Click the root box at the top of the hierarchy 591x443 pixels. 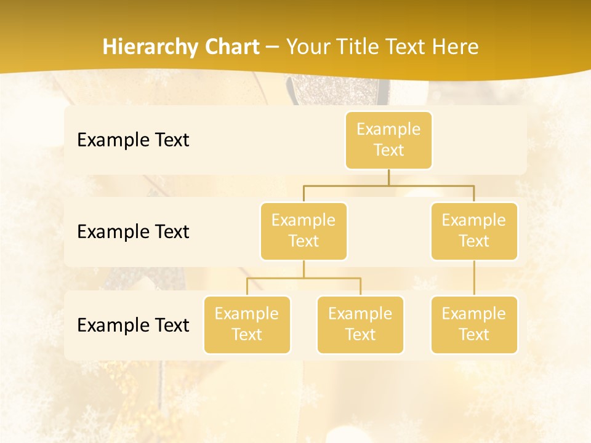coord(388,140)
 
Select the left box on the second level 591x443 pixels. coord(304,231)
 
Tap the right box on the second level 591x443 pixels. coord(474,231)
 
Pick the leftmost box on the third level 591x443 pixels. coord(247,325)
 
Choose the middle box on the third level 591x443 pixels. coord(360,325)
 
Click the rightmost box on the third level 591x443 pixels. coord(474,325)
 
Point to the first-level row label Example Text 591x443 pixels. coord(133,140)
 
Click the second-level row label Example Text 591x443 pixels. coord(133,232)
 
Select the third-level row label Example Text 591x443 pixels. coord(133,325)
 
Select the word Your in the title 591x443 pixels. coord(307,47)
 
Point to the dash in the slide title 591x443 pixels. coord(272,47)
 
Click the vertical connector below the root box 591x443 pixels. coord(388,177)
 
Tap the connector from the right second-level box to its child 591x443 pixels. coord(474,278)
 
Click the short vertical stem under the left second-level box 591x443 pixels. coord(304,269)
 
